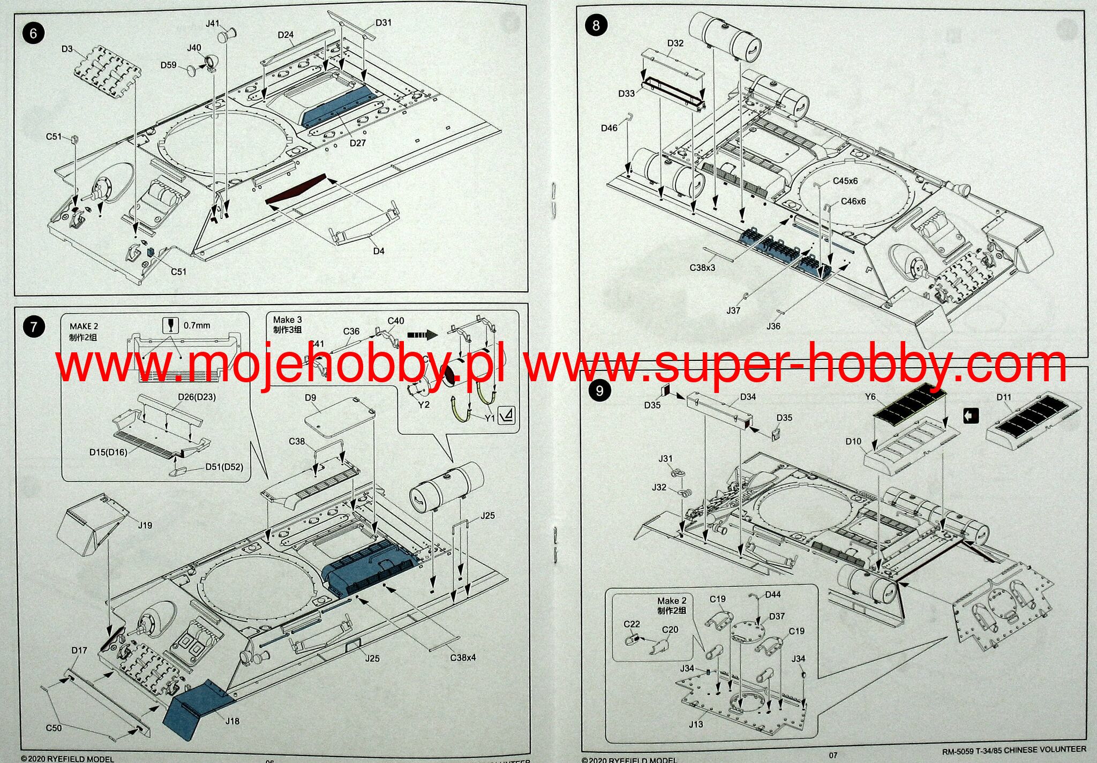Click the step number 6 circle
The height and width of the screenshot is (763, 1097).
(33, 34)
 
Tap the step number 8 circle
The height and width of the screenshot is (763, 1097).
(596, 25)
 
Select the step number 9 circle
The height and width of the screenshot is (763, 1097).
(599, 391)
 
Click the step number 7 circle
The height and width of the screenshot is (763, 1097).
(34, 327)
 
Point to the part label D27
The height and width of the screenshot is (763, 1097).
(357, 143)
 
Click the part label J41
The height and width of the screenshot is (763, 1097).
(213, 24)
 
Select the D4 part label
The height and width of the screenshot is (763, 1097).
(379, 251)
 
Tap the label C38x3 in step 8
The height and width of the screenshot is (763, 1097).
(702, 268)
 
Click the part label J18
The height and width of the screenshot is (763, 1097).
(232, 721)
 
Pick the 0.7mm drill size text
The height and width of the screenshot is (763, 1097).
(197, 326)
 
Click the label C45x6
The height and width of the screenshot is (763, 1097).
(845, 181)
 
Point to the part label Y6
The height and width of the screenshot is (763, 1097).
(870, 397)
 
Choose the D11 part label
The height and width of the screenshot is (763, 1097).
(1004, 397)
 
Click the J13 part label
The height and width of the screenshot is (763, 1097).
(696, 724)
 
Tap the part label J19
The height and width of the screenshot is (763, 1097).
(145, 525)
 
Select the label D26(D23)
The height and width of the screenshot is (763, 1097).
(197, 397)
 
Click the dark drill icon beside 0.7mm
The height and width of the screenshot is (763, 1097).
(170, 325)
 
